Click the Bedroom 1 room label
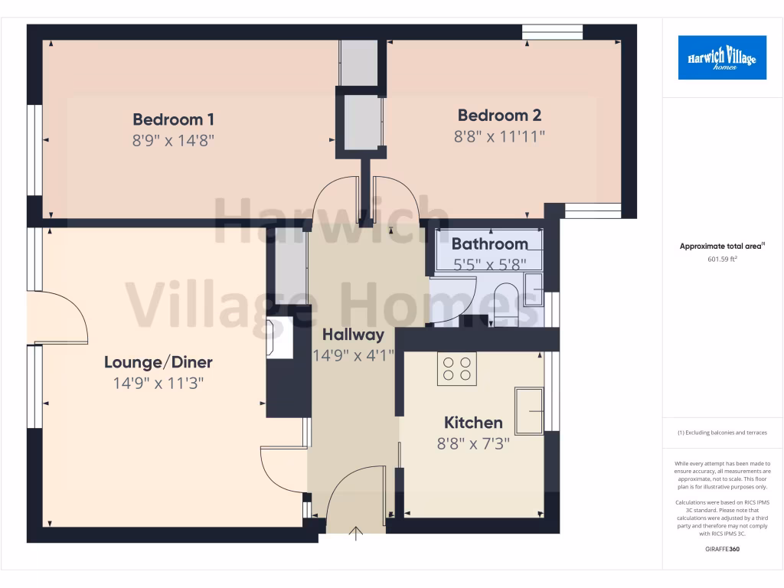[x=173, y=119]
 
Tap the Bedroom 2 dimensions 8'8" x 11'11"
[x=500, y=136]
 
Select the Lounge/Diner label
[x=158, y=362]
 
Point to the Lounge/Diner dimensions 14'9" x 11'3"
[x=158, y=383]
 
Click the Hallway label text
[x=352, y=335]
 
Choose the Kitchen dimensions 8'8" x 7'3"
[x=473, y=443]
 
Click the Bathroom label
[x=489, y=244]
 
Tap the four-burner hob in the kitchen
[x=457, y=368]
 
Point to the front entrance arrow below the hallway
[x=356, y=534]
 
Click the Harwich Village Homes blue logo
[x=722, y=57]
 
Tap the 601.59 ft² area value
[x=722, y=259]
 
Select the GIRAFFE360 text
[x=722, y=549]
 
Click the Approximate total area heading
[x=722, y=247]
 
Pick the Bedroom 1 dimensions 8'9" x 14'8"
[x=173, y=140]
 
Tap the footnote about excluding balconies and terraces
[x=722, y=433]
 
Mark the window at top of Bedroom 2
[x=553, y=31]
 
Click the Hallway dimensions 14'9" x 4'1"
[x=353, y=355]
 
